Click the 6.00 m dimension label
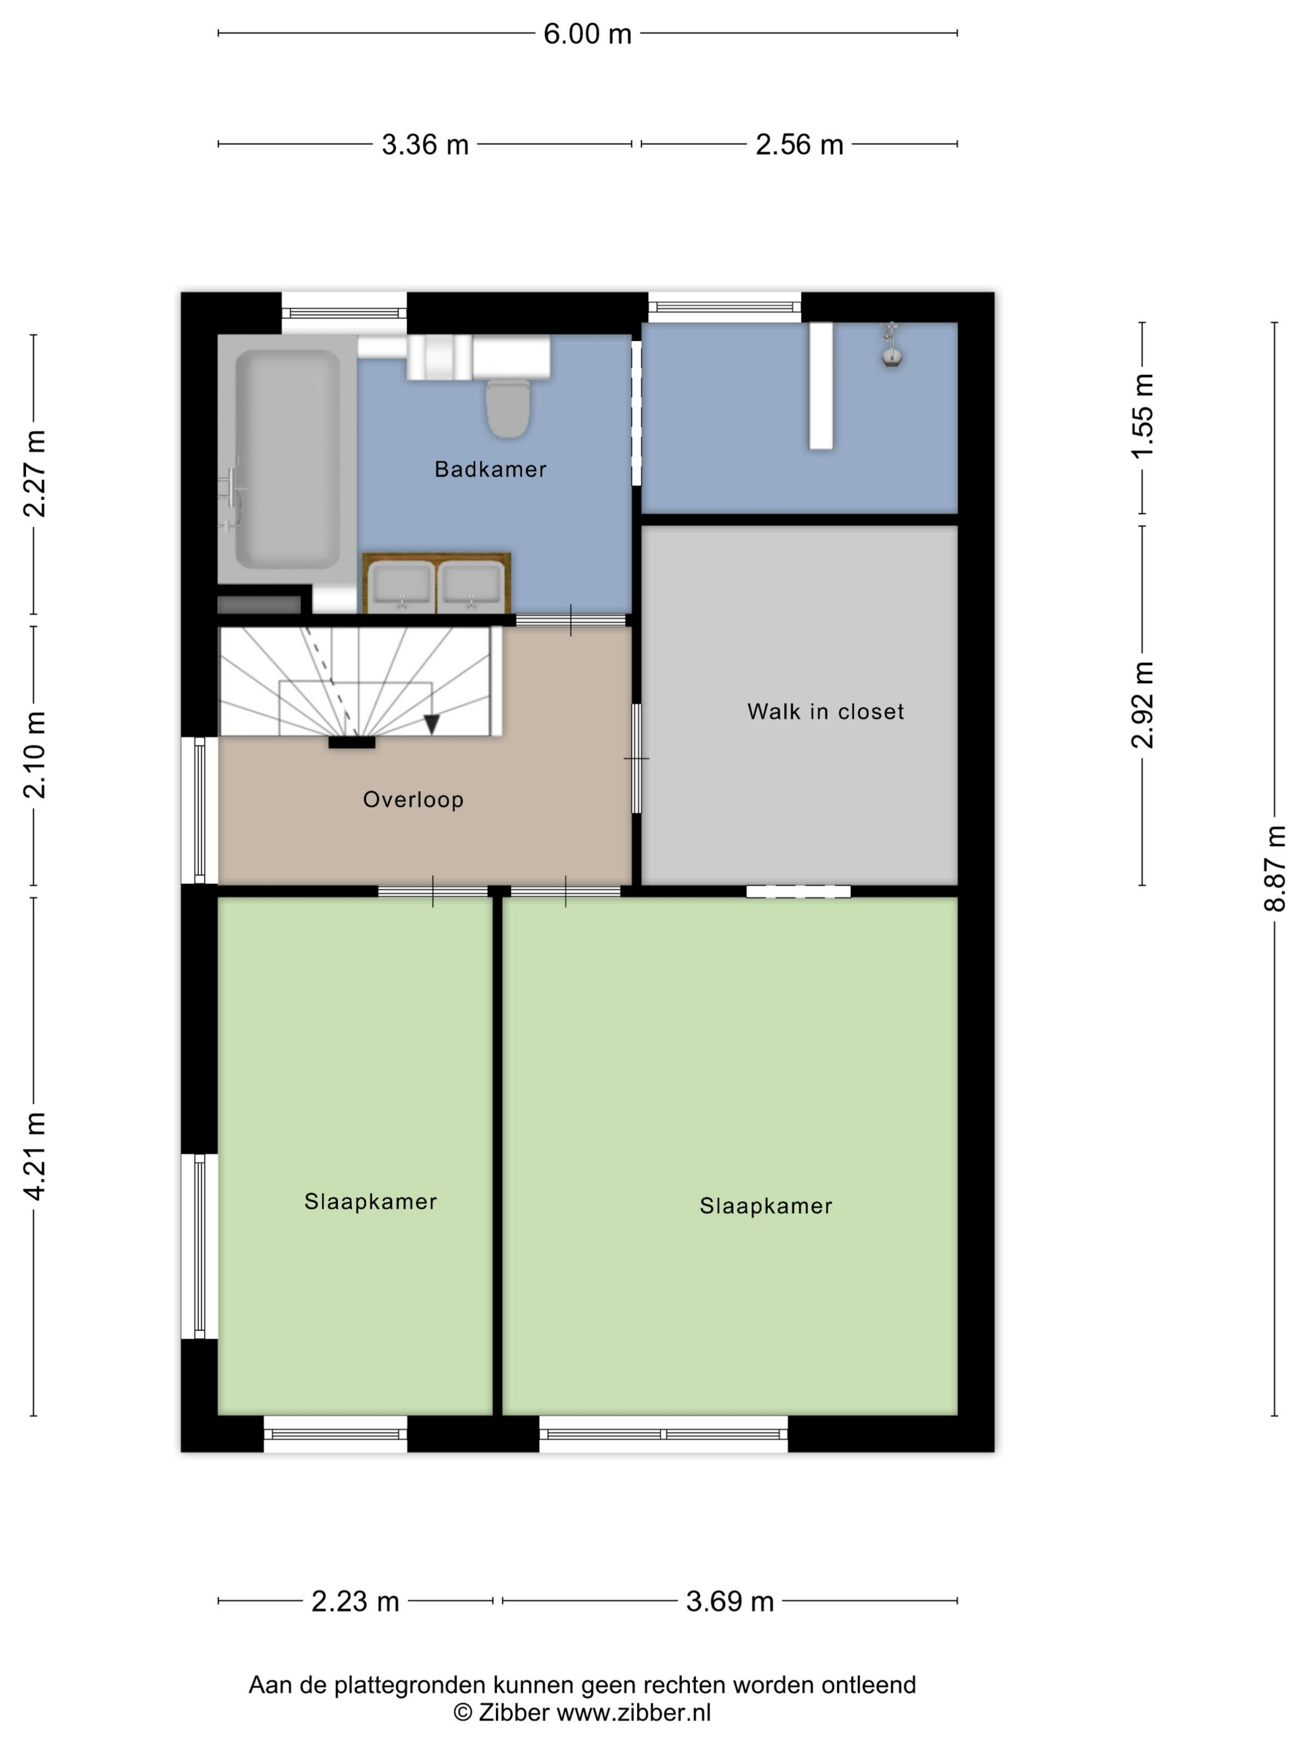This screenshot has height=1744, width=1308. click(587, 34)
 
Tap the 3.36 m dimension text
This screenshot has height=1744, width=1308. click(425, 145)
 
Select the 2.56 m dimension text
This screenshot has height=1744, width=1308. click(800, 145)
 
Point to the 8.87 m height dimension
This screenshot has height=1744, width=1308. click(1275, 869)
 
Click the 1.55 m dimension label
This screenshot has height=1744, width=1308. click(1142, 415)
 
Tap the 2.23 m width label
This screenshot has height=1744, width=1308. click(356, 1601)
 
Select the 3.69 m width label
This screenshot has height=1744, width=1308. click(730, 1601)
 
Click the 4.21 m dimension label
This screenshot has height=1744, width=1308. click(34, 1157)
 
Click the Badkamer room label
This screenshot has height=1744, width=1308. click(490, 470)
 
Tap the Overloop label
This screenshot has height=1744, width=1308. click(413, 800)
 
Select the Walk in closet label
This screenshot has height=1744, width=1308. click(825, 712)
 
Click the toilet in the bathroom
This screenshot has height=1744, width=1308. click(508, 407)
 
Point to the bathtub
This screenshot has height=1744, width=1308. click(288, 460)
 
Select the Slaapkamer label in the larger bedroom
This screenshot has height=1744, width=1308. click(765, 1206)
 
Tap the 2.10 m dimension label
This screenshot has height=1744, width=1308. click(34, 756)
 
